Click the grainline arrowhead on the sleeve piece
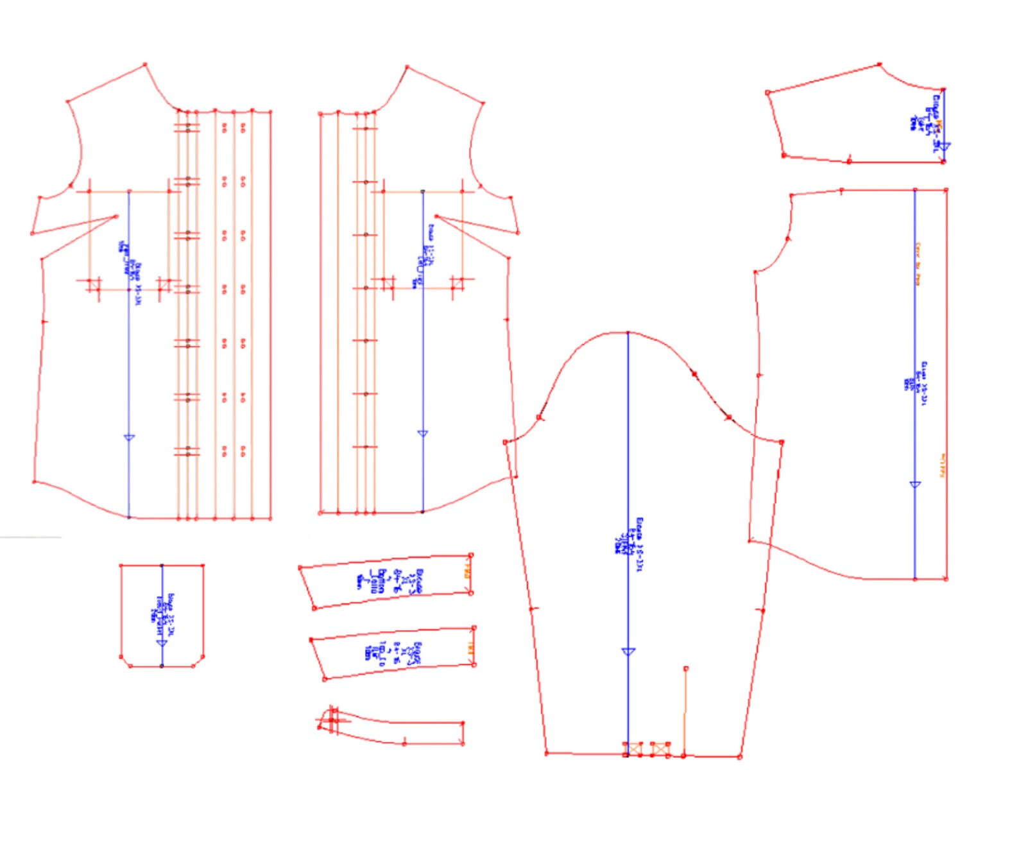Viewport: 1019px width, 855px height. coord(628,652)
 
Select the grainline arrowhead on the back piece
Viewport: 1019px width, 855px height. coord(915,485)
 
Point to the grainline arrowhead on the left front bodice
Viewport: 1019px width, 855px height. coord(129,438)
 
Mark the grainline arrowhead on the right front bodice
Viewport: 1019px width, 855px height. coord(422,434)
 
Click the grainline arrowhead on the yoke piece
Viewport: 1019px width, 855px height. coord(943,147)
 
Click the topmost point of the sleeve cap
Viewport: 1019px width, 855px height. coord(628,332)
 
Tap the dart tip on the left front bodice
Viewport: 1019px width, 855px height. coord(116,216)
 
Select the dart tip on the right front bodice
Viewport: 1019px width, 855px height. coord(436,216)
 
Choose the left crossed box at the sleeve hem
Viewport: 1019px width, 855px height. coord(633,748)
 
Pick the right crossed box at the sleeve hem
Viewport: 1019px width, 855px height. coord(661,748)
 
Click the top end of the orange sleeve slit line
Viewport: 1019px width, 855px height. coord(686,669)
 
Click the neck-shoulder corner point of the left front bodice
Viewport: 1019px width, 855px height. coord(145,64)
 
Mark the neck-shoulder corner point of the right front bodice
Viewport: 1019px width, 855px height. coord(407,66)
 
